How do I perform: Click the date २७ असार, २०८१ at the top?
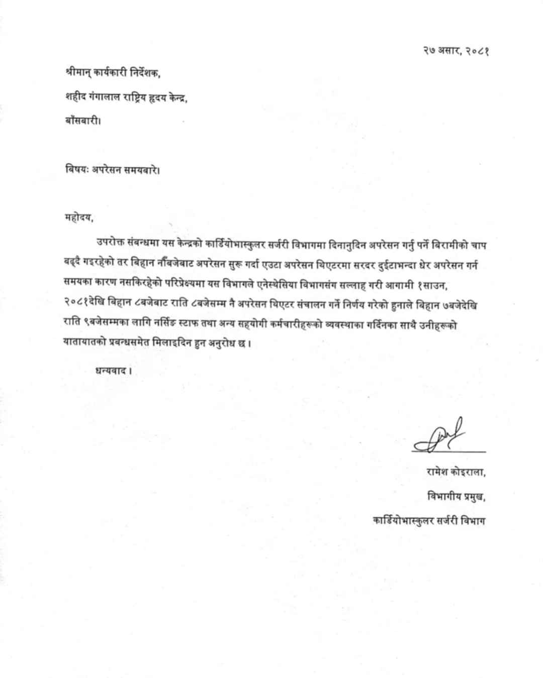tap(456, 51)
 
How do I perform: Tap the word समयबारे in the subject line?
tap(141, 169)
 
